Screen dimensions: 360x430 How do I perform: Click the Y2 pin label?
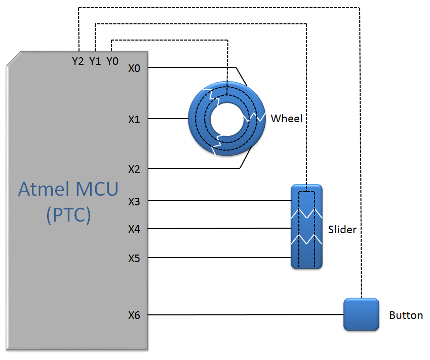[x=78, y=61]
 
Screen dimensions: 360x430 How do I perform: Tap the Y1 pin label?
[x=95, y=61]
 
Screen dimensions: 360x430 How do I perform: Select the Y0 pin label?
[x=112, y=61]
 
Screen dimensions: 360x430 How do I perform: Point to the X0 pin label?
[x=134, y=68]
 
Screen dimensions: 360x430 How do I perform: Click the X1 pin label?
[x=134, y=120]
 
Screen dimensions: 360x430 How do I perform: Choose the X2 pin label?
[x=134, y=169]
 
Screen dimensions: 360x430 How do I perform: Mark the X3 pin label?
[x=134, y=201]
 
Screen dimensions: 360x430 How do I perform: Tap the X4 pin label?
[x=134, y=229]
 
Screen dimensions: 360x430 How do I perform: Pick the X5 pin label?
[x=134, y=258]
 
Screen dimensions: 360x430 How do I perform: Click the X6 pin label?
[x=134, y=315]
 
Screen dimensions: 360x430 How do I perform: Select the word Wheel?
[x=286, y=119]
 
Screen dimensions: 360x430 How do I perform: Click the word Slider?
[x=342, y=230]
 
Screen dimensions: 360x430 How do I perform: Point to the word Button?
[x=406, y=315]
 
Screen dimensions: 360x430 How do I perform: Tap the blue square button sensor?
[x=361, y=314]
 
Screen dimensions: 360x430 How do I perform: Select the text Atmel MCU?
[x=68, y=189]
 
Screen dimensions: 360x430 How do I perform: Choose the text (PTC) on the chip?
[x=68, y=214]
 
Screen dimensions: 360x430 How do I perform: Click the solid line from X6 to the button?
[x=243, y=315]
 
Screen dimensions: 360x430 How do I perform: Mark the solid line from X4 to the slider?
[x=218, y=229]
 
